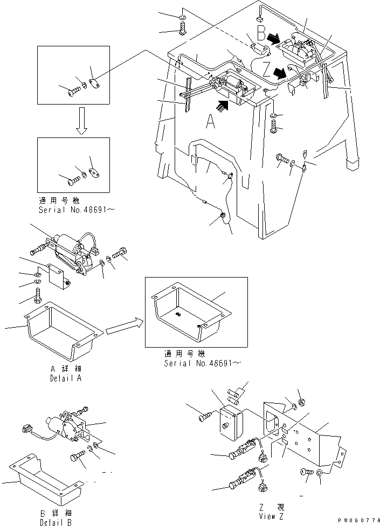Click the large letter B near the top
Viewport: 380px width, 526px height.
coord(261,35)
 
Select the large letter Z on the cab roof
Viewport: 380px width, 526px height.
coord(266,69)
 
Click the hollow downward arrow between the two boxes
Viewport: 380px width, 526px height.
coord(80,121)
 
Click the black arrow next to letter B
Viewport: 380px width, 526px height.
coord(274,39)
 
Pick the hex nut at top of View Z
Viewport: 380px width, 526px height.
coord(302,402)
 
